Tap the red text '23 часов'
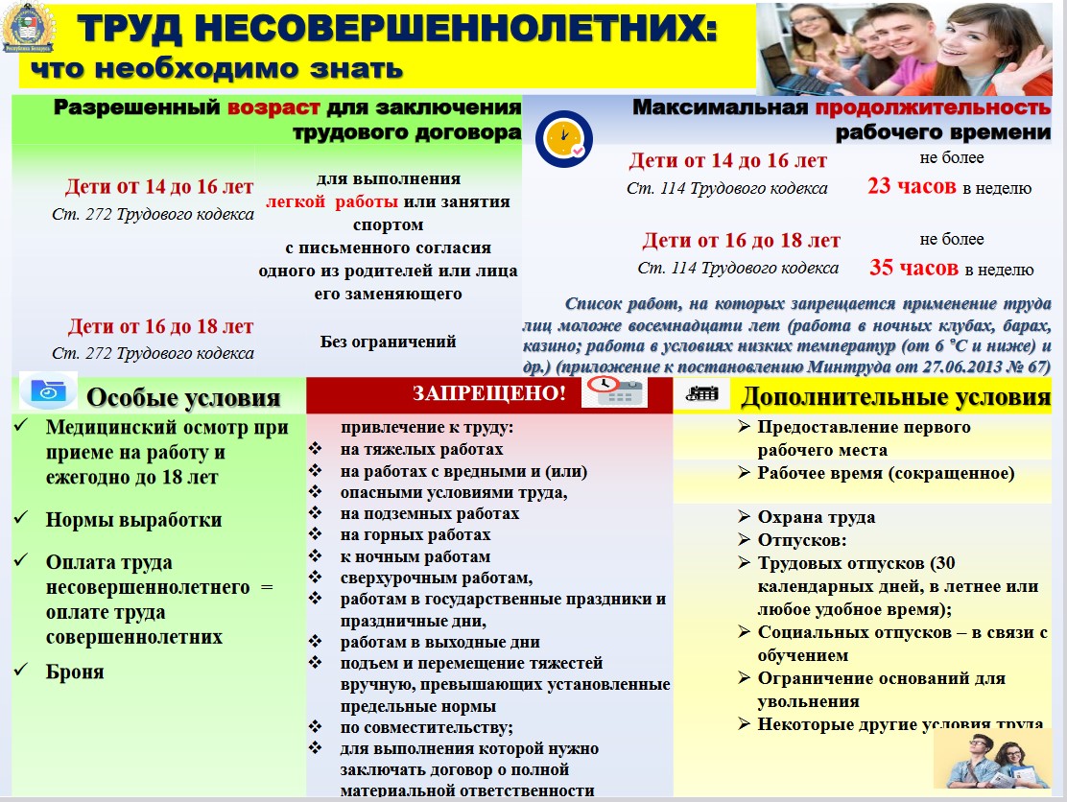[x=912, y=186]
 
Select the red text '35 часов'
[x=913, y=268]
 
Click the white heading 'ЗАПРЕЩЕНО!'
[x=489, y=393]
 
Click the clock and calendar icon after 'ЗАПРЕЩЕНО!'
[x=614, y=391]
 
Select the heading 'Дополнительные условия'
[x=896, y=396]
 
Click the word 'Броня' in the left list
[x=75, y=672]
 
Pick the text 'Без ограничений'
[x=388, y=341]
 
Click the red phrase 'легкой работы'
[x=333, y=201]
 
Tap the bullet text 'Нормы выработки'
[x=133, y=520]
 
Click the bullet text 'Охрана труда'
[x=816, y=517]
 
